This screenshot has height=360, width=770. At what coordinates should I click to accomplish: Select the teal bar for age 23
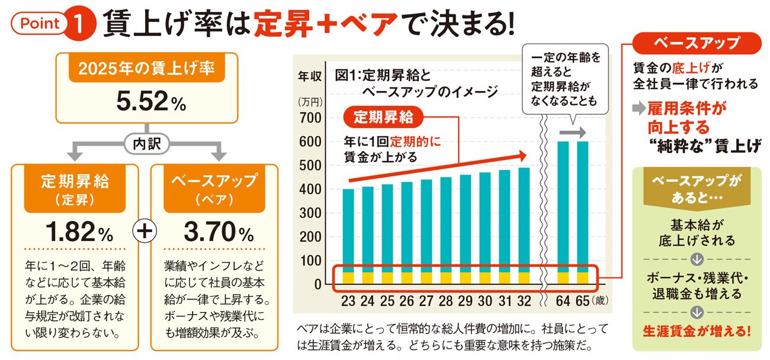tap(348, 231)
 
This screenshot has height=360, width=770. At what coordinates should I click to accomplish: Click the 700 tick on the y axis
tap(313, 118)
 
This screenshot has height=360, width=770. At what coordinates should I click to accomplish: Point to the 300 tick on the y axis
tap(313, 213)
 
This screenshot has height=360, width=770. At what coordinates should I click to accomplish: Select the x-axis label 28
tap(445, 300)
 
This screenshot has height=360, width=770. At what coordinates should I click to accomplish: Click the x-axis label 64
tap(563, 300)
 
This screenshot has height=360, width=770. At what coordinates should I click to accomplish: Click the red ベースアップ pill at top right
tap(696, 43)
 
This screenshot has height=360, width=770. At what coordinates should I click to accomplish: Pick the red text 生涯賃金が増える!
tap(696, 332)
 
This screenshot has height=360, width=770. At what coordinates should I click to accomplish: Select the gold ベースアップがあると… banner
tap(696, 188)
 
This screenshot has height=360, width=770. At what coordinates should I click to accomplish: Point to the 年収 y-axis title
tap(309, 76)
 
